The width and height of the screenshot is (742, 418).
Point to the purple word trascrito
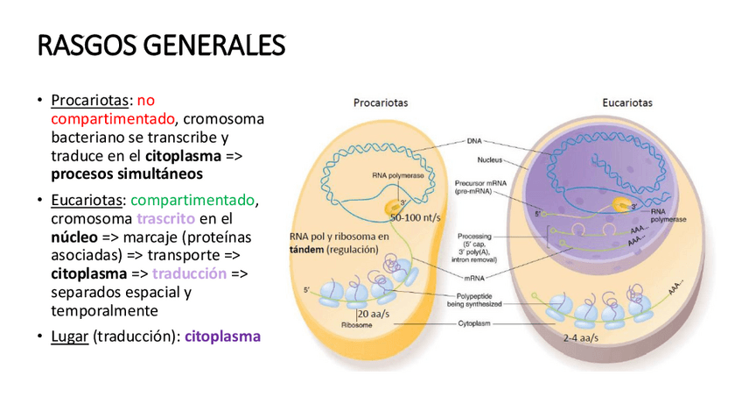pos(165,218)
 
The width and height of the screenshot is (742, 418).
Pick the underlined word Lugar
pos(70,336)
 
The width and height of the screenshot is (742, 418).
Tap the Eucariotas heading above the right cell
pos(626,103)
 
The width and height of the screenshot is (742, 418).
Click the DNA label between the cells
pos(473,140)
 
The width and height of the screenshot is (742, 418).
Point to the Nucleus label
pos(493,160)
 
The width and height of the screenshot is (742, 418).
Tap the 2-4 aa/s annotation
pos(580,337)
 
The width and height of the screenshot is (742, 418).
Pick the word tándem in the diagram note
pos(306,250)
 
